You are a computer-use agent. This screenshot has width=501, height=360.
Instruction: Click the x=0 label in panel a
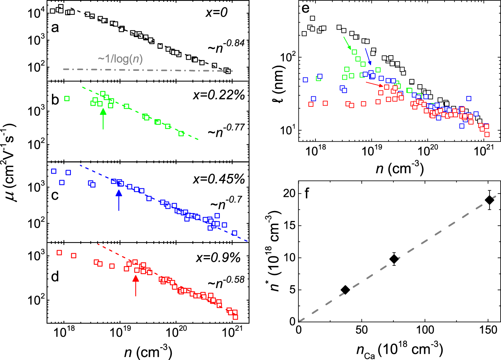pos(217,13)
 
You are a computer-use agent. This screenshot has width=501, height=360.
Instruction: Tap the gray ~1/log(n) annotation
pos(120,59)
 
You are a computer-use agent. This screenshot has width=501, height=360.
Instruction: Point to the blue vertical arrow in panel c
pos(119,200)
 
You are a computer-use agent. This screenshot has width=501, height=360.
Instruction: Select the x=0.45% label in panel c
pos(219,179)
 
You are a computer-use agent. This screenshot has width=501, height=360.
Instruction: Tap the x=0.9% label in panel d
pos(219,257)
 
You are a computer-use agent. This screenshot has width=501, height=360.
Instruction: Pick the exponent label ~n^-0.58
pos(226,283)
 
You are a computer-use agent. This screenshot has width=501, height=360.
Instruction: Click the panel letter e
pos(305,9)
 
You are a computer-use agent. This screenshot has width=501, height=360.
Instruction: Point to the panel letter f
pos(307,194)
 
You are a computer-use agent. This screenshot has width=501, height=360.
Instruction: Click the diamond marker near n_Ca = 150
pos(489,200)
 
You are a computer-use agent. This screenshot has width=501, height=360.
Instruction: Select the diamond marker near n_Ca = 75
pos(394,259)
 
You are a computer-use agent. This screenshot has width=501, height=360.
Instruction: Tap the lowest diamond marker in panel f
pos(345,290)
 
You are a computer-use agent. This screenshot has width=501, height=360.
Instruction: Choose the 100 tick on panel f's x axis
pos(425,329)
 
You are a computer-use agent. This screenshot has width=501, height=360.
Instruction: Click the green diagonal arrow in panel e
pos(347,43)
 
